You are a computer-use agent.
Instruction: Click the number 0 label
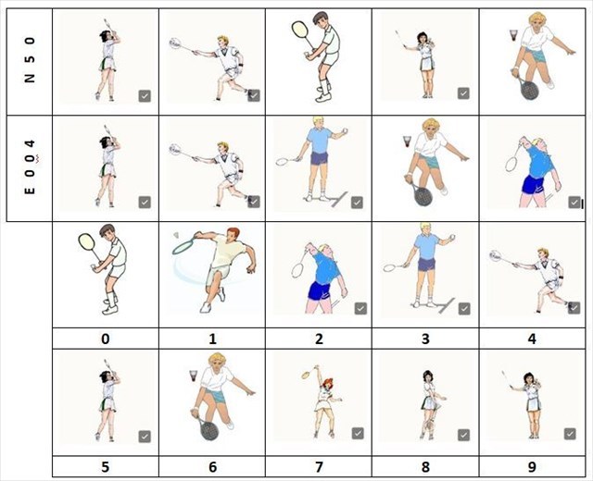click(x=105, y=339)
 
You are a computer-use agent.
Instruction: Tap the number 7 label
click(x=319, y=467)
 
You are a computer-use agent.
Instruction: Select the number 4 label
click(x=532, y=339)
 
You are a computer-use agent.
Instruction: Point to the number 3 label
click(x=425, y=339)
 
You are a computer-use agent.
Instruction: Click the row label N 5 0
click(x=30, y=59)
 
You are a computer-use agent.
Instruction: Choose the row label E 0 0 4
click(x=30, y=166)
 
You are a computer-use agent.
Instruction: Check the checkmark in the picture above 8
click(x=463, y=435)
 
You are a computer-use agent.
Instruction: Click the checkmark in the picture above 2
click(x=360, y=308)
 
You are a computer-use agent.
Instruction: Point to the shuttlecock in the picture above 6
click(x=194, y=376)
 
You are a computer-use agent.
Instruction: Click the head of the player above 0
click(x=107, y=231)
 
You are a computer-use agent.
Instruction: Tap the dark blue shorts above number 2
click(x=320, y=290)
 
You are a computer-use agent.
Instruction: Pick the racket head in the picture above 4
click(x=496, y=256)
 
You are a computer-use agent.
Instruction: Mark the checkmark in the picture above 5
click(x=145, y=437)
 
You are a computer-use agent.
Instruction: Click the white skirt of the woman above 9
click(x=534, y=403)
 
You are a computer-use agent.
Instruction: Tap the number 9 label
click(x=532, y=467)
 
